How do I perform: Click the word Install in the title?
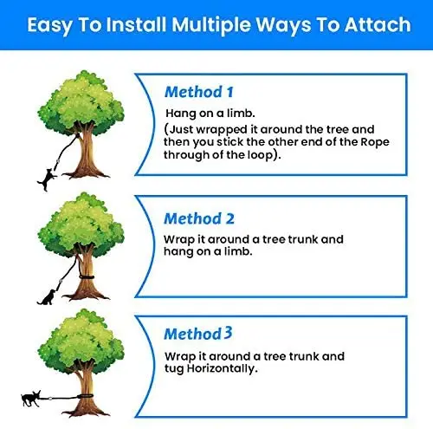tap(136, 25)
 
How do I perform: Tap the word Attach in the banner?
tap(378, 25)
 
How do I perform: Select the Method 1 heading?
tap(198, 93)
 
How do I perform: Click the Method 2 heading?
tap(199, 218)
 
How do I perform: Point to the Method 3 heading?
tap(198, 334)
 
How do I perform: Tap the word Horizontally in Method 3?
tap(222, 368)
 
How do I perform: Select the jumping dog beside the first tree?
tap(47, 179)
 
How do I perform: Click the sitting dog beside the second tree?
tap(47, 297)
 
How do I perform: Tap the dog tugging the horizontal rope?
tap(31, 398)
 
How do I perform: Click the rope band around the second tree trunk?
tap(87, 277)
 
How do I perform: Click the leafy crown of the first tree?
tap(81, 102)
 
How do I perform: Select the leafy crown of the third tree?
tap(81, 341)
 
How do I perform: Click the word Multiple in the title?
tap(211, 25)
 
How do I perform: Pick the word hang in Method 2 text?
tap(178, 252)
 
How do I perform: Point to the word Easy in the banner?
tap(50, 26)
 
